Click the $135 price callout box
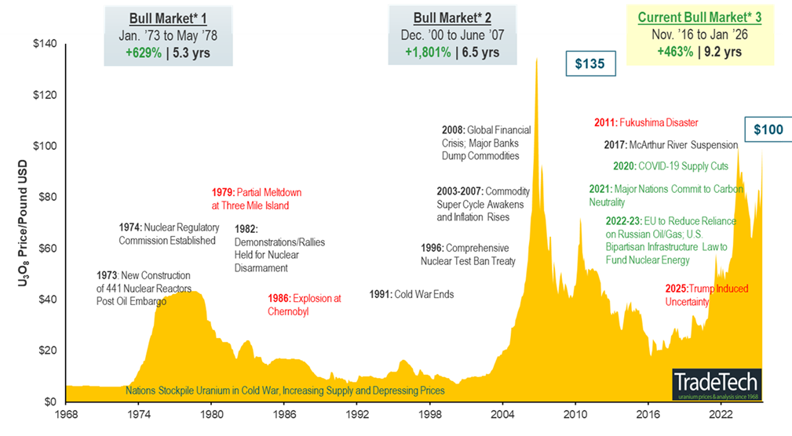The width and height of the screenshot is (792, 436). tap(589, 64)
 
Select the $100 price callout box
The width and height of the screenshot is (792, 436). tap(768, 129)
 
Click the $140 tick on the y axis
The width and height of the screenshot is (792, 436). tap(46, 44)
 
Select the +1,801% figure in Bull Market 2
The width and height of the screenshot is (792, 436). tap(429, 53)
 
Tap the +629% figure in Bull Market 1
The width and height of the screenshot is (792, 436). tap(143, 53)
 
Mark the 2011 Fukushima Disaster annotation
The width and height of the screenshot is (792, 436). tap(646, 123)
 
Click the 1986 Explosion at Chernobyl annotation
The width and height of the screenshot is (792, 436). tap(303, 304)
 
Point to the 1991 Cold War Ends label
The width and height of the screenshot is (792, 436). tap(411, 295)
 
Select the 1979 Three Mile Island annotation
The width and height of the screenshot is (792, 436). tap(256, 198)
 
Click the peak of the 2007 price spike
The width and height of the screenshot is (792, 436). tap(537, 59)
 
